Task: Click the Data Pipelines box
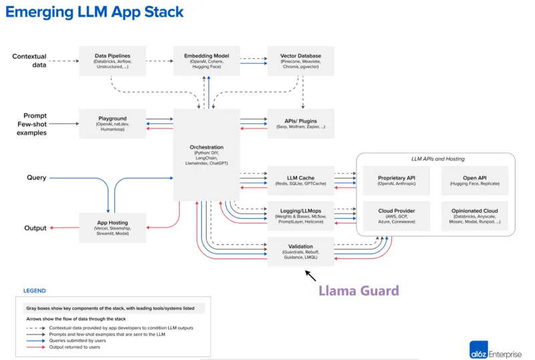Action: click(x=112, y=60)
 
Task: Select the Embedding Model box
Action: click(x=206, y=60)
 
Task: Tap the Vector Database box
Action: click(x=300, y=60)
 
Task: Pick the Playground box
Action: click(x=112, y=123)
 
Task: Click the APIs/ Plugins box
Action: click(x=300, y=123)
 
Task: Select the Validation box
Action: click(x=300, y=251)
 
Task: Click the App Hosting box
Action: click(x=112, y=227)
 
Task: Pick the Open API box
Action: click(x=474, y=180)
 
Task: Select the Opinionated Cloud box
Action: click(x=474, y=215)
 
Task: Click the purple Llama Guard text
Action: click(x=358, y=290)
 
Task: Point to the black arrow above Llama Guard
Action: click(x=311, y=274)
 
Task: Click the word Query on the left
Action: click(x=36, y=178)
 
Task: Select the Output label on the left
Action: click(x=35, y=228)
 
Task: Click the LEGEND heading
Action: click(x=35, y=291)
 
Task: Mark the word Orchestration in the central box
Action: click(x=206, y=147)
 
